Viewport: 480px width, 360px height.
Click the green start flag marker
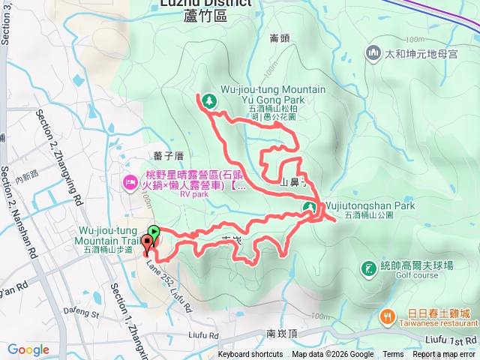[153, 232]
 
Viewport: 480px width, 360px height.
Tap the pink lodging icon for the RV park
[130, 181]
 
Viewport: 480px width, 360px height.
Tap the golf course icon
[367, 268]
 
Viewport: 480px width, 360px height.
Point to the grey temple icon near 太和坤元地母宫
[373, 53]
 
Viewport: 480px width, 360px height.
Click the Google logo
[28, 349]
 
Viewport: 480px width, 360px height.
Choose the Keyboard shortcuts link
[250, 355]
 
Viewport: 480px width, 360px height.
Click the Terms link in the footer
[393, 355]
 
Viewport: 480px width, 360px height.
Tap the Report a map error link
[445, 355]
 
